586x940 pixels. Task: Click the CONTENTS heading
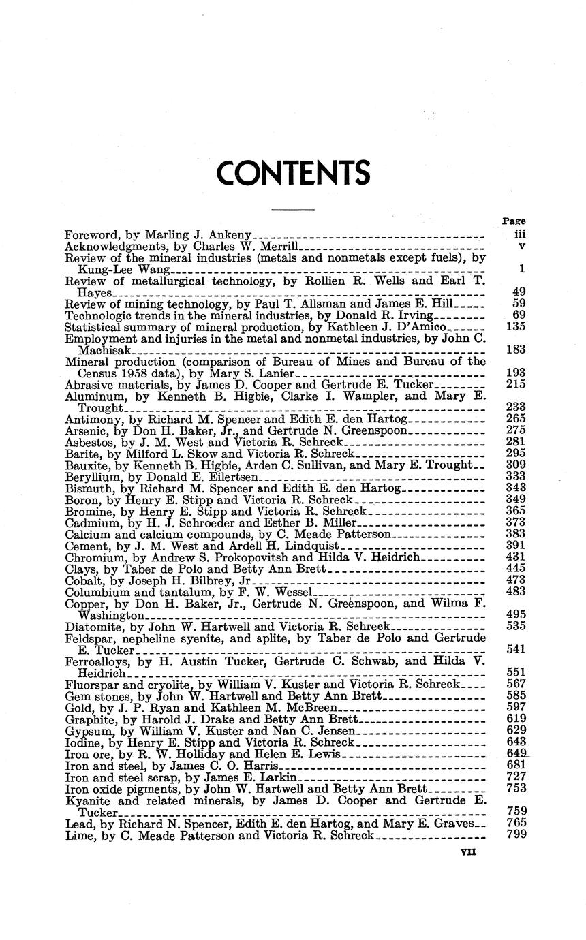coord(293,173)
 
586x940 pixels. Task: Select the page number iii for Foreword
coord(518,233)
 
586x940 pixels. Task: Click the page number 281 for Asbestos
coord(516,441)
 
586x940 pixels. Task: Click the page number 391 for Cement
coord(516,546)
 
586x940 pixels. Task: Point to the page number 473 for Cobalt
coord(516,580)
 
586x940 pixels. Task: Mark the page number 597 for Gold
coord(516,706)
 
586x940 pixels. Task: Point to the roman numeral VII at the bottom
coord(468,851)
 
